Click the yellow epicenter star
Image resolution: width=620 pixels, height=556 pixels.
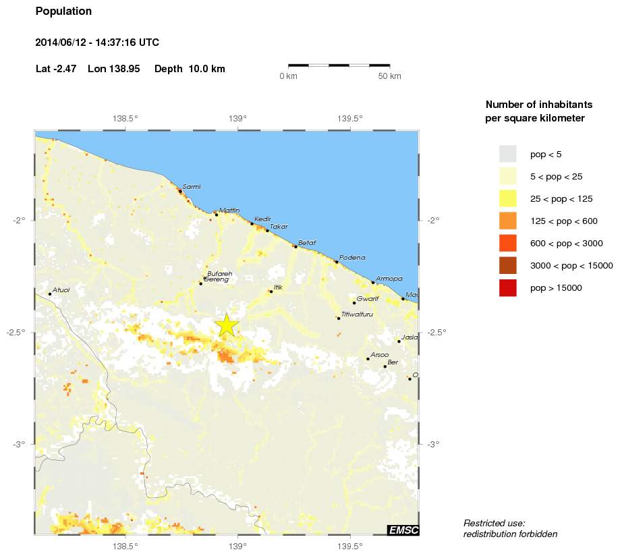pos(227,325)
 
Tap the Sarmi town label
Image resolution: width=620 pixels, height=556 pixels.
pos(192,187)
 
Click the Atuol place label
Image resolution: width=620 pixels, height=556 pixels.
pos(61,290)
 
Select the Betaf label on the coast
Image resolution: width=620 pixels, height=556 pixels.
pos(307,242)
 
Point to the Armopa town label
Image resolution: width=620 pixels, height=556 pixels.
pos(389,278)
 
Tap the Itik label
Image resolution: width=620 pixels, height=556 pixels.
pos(278,287)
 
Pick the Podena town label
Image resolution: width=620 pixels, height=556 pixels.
pos(352,258)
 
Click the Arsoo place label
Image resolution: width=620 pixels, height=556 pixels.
pos(379,355)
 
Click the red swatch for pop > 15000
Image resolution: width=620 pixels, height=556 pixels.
pos(507,288)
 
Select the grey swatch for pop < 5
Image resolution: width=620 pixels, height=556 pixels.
pos(507,154)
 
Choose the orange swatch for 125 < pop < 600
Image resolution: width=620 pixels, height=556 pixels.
pos(507,221)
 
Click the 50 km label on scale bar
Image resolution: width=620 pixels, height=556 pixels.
pos(389,76)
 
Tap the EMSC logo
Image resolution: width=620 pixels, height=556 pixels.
pos(403,530)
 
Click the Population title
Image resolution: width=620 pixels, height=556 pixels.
pos(63,11)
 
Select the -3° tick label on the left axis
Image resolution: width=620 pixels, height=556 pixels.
pos(18,444)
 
